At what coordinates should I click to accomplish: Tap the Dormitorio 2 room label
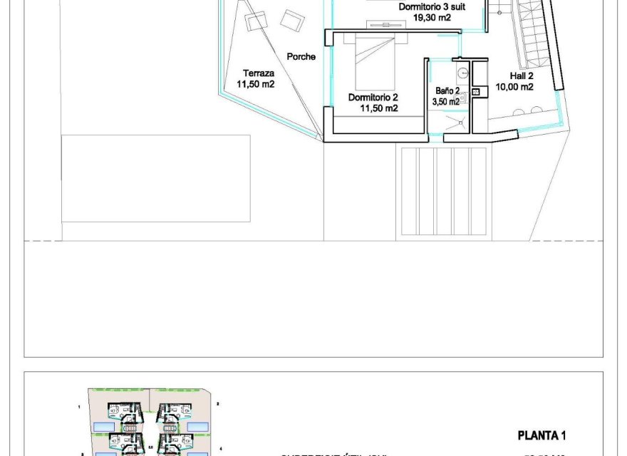[373, 97]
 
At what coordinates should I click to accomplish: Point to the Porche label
[301, 57]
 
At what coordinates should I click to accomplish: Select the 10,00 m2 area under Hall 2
[514, 88]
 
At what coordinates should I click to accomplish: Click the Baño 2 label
[447, 91]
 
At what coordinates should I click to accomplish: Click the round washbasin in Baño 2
[462, 72]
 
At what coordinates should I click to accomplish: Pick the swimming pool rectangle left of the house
[156, 178]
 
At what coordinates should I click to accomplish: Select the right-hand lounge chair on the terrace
[291, 19]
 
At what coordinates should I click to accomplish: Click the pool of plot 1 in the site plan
[103, 425]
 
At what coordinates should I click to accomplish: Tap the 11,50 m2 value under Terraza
[256, 84]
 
